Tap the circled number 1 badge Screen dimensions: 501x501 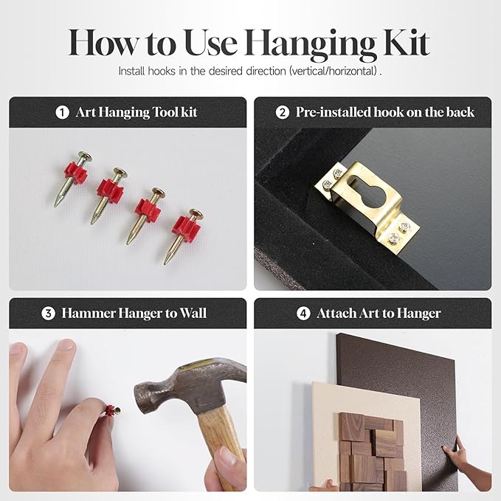(62, 112)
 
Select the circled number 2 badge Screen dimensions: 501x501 (283, 112)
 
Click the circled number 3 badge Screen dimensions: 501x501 (48, 314)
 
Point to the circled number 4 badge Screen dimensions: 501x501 (303, 314)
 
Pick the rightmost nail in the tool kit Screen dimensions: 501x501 (183, 235)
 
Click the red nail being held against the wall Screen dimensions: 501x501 (112, 410)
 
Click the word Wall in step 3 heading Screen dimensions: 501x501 (193, 313)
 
